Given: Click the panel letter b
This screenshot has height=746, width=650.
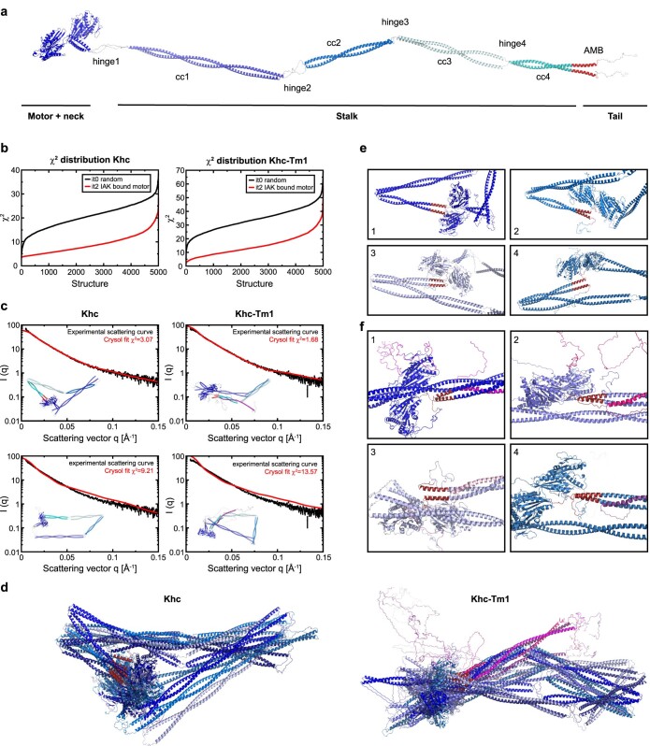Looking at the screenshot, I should point(7,148).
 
